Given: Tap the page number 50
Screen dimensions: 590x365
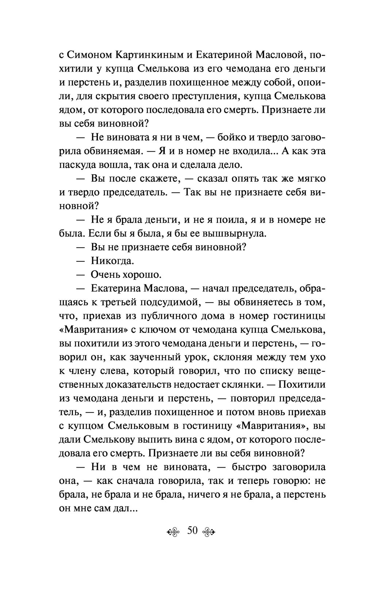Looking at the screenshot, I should click(192, 530).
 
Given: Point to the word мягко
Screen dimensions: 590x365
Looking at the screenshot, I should click(311, 179).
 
